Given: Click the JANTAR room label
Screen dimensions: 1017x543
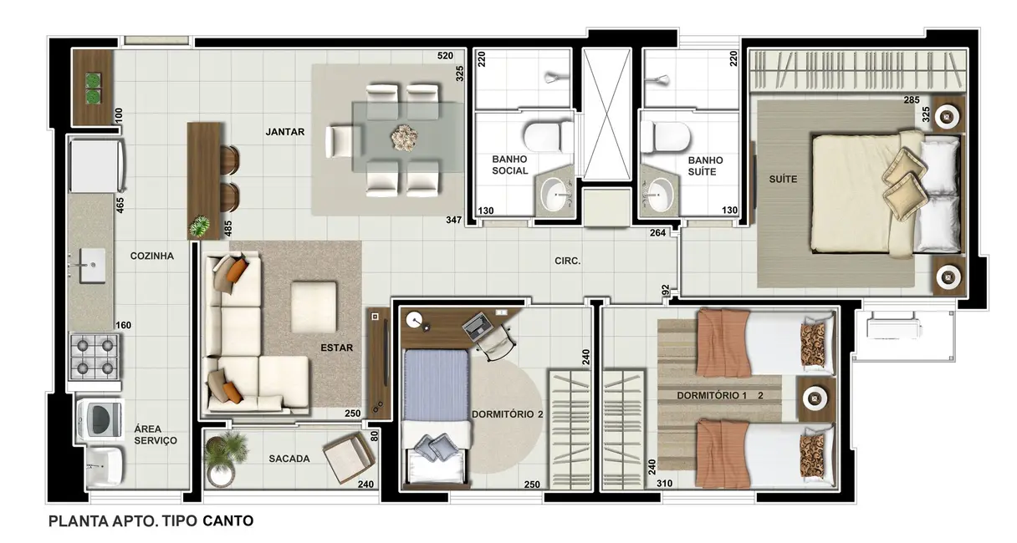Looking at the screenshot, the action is (x=284, y=132).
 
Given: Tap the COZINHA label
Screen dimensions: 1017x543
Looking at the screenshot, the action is (x=152, y=256).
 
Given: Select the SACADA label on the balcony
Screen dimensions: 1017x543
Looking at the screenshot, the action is (x=289, y=459).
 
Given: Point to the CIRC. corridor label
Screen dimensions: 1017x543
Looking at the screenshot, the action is (x=568, y=261).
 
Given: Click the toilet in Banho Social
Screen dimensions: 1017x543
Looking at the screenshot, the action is (x=548, y=136).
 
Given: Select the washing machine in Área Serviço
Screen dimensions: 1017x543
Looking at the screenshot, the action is (x=100, y=419).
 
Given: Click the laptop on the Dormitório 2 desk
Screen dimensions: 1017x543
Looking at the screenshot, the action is (x=478, y=325).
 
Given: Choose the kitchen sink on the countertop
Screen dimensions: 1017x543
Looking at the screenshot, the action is (x=92, y=265).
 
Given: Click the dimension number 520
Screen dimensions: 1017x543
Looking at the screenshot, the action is (x=445, y=56).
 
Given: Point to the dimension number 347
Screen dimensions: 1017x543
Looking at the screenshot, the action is (x=453, y=221).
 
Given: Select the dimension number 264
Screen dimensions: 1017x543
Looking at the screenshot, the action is (x=657, y=233).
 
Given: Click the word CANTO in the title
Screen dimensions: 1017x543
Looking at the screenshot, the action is (x=228, y=520).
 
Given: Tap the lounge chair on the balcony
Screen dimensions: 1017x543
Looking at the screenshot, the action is (x=350, y=457).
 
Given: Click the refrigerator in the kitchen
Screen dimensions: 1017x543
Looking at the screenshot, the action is (x=96, y=165).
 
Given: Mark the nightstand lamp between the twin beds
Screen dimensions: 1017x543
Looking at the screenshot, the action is (x=816, y=398).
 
